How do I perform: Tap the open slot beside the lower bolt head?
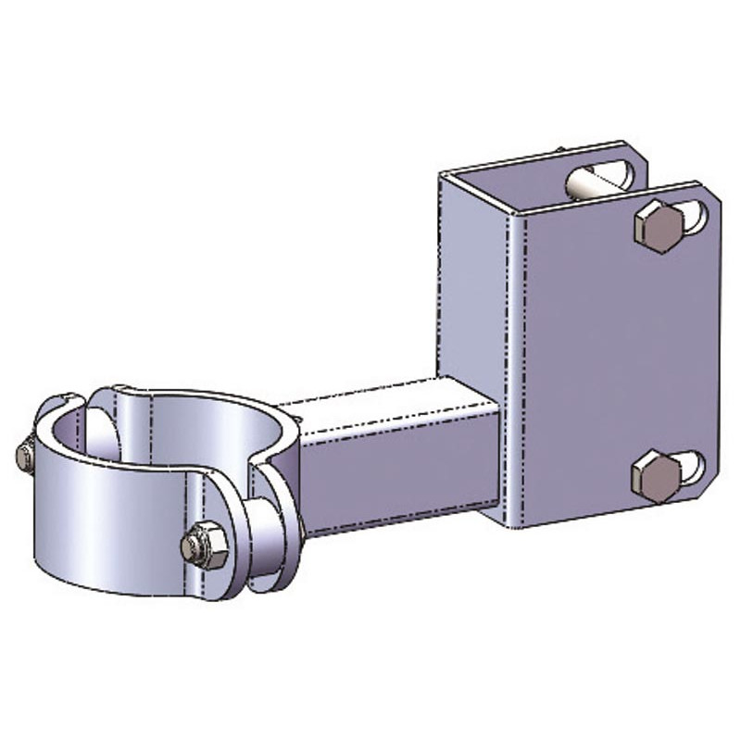[x=689, y=466]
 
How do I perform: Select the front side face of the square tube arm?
[x=398, y=477]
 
